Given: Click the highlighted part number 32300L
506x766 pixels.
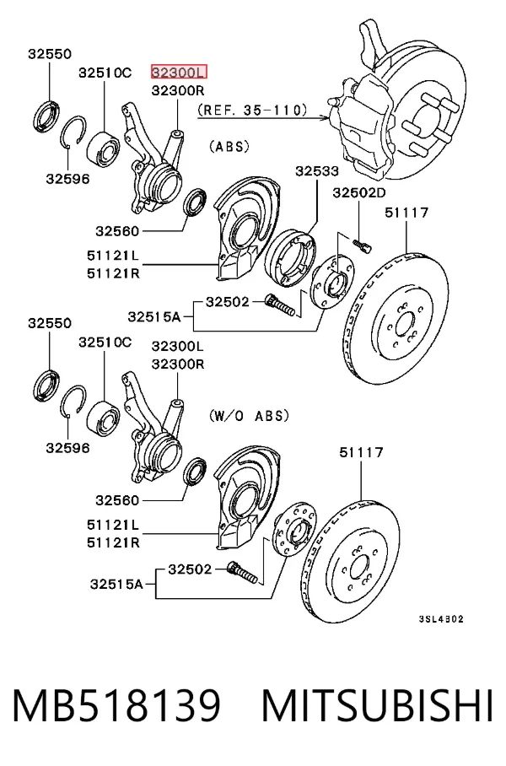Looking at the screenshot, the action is point(179,73).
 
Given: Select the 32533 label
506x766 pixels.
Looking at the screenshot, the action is point(316,171).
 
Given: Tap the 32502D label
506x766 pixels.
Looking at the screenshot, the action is point(359,193).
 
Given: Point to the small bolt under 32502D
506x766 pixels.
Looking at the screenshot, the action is point(362,244).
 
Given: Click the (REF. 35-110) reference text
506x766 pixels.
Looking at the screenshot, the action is point(252,110).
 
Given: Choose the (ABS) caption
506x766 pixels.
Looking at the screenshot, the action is point(229,146).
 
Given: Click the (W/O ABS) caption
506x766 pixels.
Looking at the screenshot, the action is point(249,416).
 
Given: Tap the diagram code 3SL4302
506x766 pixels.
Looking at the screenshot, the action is point(441,619).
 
